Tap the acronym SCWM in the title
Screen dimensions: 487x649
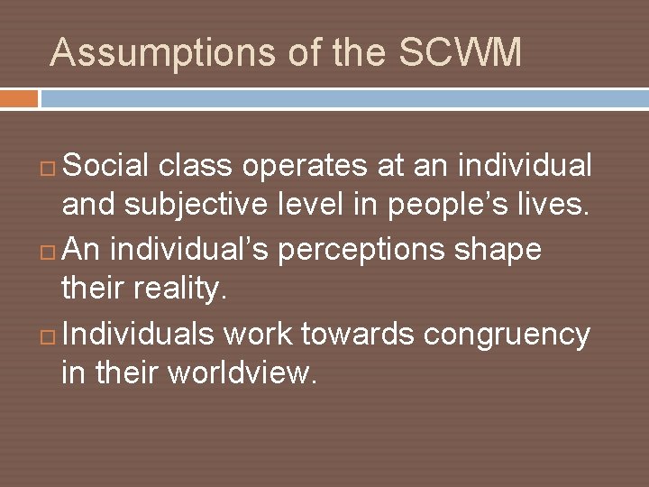tap(460, 53)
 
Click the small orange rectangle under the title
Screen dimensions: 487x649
tap(19, 98)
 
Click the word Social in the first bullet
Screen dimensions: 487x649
tap(106, 166)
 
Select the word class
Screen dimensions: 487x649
tap(196, 166)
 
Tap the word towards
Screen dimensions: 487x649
tap(358, 335)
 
